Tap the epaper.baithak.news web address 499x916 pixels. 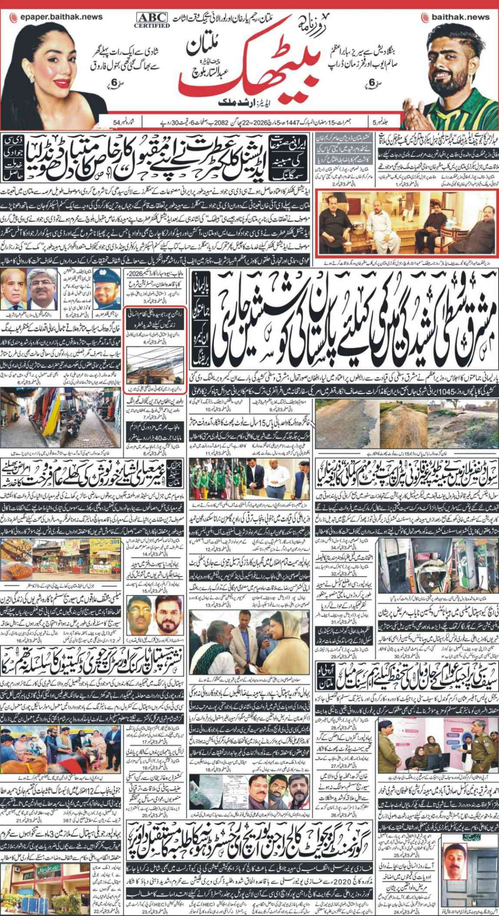56,17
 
